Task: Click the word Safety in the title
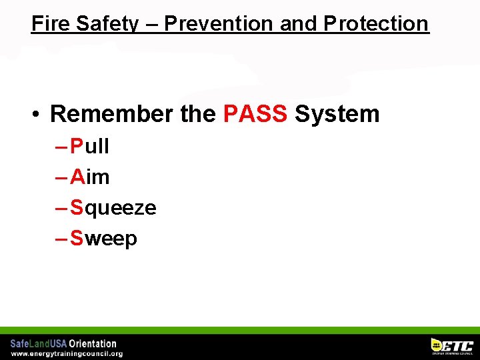tap(107, 23)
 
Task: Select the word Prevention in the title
tap(219, 23)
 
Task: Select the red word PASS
tap(255, 114)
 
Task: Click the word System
tap(337, 114)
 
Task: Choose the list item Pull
tap(89, 147)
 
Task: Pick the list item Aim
tap(89, 177)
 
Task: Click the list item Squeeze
tap(113, 208)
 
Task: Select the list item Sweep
tap(103, 239)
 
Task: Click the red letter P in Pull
tap(77, 147)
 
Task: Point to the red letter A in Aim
tap(77, 177)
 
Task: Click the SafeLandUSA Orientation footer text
tap(63, 344)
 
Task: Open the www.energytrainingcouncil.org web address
tap(67, 353)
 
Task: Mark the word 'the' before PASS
tap(198, 114)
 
